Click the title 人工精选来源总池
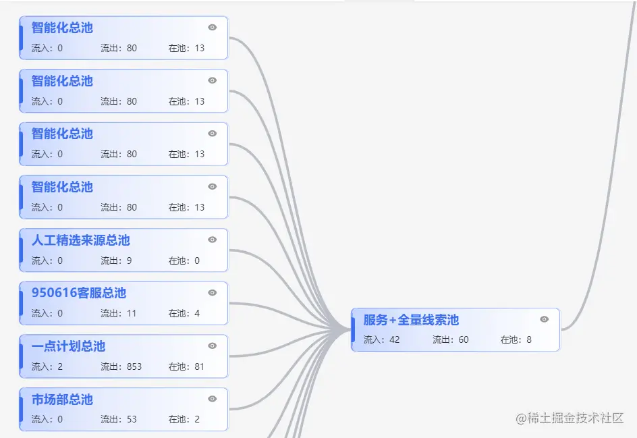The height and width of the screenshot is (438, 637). pos(80,240)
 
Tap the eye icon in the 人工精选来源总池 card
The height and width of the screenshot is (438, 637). pos(213,240)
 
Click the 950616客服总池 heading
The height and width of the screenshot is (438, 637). pos(78,293)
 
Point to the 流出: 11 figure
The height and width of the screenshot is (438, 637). pos(119,313)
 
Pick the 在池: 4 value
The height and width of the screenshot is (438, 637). pos(184,313)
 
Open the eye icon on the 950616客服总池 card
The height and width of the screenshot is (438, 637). pos(213,293)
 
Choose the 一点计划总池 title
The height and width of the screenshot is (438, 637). pos(68,346)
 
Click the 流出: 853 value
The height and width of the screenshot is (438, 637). pos(121,366)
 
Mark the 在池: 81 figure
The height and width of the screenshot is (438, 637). pos(186,366)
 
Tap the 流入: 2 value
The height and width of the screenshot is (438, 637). pos(47,366)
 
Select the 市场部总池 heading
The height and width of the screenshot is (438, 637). pos(62,400)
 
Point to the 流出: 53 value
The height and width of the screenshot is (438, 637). pos(119,419)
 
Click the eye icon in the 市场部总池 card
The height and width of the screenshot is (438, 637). pos(213,399)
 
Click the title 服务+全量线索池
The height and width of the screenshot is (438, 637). pos(411,320)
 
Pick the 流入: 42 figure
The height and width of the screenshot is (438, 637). pos(382,339)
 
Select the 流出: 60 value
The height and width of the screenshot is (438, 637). pos(451,339)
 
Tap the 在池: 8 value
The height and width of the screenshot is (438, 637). pos(516,339)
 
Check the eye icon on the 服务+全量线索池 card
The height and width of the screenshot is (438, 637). pos(545,319)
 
